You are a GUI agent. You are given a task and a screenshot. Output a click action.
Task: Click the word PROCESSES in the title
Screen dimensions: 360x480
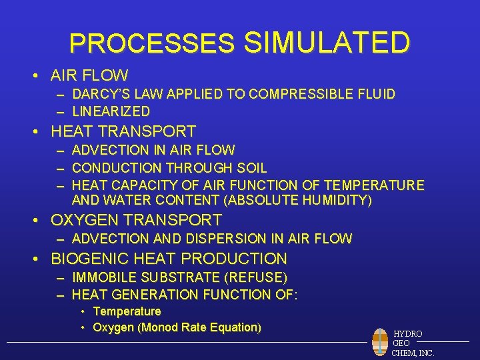[152, 44]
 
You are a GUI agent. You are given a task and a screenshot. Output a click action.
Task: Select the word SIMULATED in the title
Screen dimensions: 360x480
[327, 43]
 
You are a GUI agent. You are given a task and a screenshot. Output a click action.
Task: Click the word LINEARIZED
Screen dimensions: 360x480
[111, 111]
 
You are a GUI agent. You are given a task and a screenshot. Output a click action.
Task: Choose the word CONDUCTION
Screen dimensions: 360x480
[115, 168]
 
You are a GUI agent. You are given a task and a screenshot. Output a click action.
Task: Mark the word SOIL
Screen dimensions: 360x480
[253, 168]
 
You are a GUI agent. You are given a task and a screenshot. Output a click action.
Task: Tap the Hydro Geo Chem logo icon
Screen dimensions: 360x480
[380, 342]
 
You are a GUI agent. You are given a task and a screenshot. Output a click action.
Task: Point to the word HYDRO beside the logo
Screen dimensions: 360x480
[407, 333]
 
